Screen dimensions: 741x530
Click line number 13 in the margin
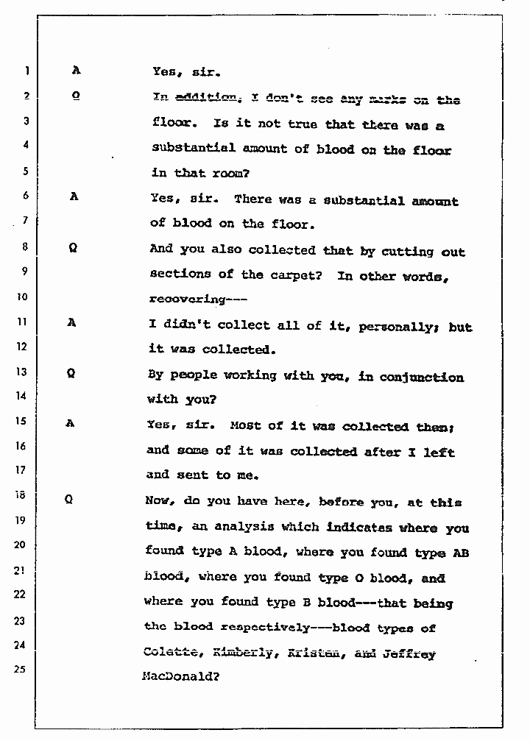click(23, 371)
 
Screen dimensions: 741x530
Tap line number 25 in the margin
click(21, 669)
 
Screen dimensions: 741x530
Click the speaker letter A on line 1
click(76, 71)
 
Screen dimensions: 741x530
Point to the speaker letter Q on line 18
click(68, 498)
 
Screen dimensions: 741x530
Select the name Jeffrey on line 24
click(409, 653)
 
